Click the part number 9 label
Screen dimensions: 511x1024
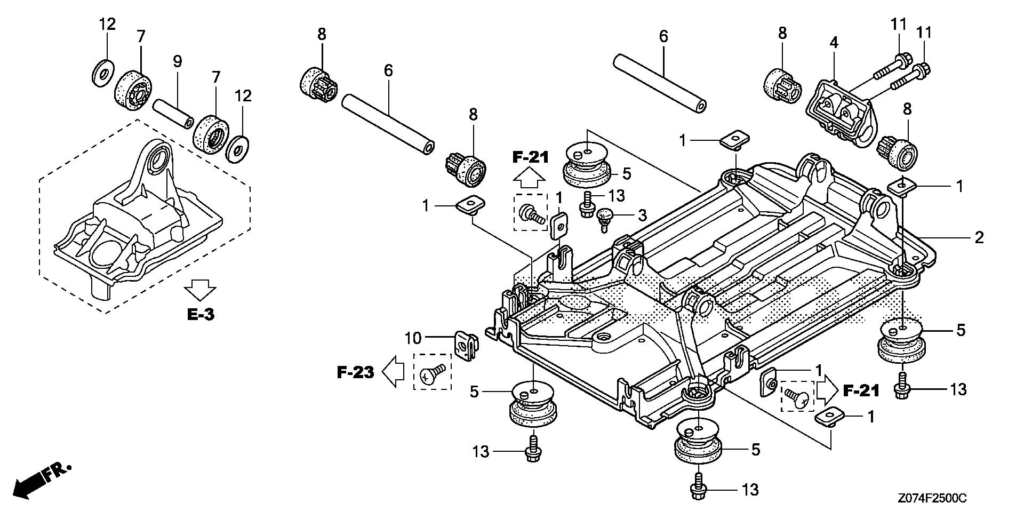[177, 61]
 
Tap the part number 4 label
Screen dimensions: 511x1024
[834, 43]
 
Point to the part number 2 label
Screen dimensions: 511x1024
[979, 237]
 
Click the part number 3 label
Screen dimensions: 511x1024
[642, 215]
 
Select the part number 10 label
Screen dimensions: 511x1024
[413, 338]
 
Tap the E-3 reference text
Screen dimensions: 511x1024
[201, 314]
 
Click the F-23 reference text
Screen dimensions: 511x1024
[356, 372]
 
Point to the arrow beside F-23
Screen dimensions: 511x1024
[394, 371]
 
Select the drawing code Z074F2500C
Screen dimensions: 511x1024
[931, 498]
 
